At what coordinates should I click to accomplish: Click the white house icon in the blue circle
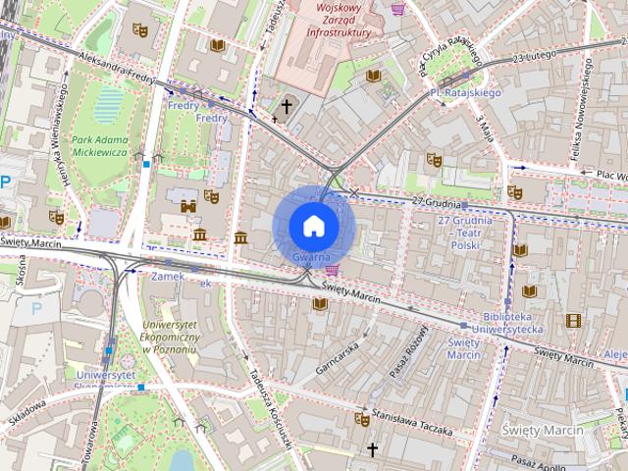pos(313,226)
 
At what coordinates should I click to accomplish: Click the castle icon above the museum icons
pos(187,207)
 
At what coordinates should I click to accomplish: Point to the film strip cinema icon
pos(572,320)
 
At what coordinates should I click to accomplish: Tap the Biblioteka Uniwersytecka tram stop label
pos(512,324)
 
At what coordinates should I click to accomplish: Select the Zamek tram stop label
pos(161,277)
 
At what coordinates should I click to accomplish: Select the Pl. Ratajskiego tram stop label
pos(465,93)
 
